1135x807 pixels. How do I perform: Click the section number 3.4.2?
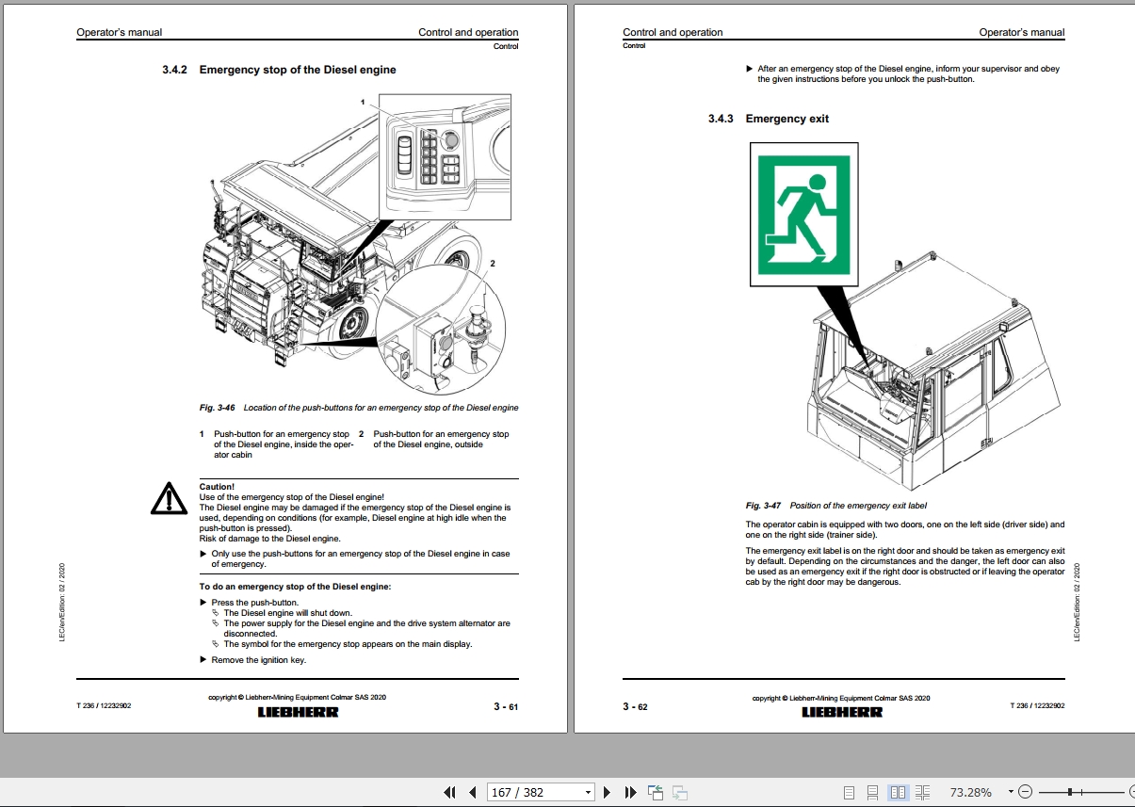[175, 70]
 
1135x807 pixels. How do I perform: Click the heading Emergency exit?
[786, 119]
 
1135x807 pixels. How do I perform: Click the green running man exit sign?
[804, 215]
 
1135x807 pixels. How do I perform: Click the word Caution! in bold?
[217, 487]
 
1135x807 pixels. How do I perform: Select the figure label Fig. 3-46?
[217, 408]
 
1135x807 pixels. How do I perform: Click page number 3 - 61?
[506, 706]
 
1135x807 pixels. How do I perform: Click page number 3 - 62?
[635, 706]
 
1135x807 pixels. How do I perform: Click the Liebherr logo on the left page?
[298, 712]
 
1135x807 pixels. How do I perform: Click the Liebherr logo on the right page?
[842, 712]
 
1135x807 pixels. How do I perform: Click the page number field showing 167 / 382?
[534, 793]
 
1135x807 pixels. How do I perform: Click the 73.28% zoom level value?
[970, 793]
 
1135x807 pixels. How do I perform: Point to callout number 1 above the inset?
[362, 101]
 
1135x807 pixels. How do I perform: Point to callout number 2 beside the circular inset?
[493, 264]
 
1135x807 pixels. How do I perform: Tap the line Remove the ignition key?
[258, 660]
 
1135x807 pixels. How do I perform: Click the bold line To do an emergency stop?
[295, 587]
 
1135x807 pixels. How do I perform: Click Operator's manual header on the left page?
[119, 32]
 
